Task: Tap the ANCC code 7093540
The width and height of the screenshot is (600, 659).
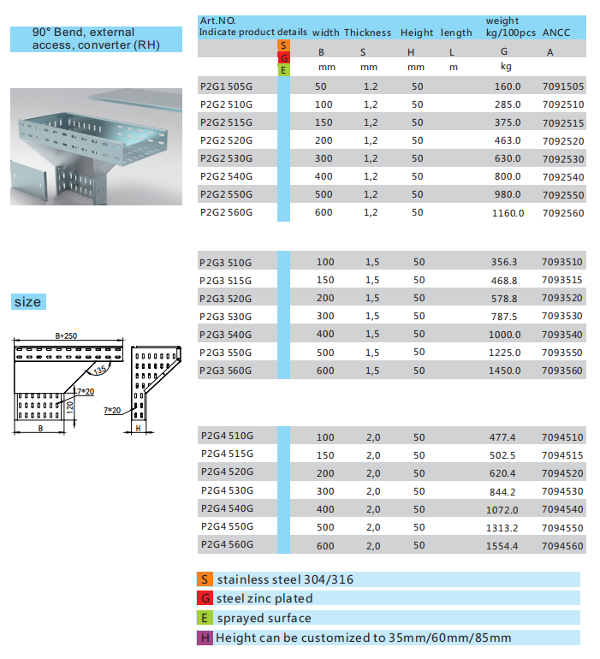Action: (562, 335)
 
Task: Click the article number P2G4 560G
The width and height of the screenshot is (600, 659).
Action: (226, 544)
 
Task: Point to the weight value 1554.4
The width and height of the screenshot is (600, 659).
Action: (503, 545)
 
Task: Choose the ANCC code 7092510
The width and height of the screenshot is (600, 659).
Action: (563, 104)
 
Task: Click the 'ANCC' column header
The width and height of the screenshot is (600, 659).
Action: (556, 33)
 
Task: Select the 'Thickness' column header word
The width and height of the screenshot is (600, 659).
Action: (367, 33)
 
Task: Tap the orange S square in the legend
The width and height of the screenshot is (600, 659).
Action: (205, 579)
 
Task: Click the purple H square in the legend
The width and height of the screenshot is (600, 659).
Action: (205, 638)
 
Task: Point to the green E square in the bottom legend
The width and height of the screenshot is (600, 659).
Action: (205, 618)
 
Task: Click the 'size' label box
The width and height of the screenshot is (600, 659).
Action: (27, 302)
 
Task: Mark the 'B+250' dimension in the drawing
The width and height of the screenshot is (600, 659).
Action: (66, 336)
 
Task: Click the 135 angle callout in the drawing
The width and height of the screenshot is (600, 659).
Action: (100, 370)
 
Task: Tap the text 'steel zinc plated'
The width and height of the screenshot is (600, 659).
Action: (264, 599)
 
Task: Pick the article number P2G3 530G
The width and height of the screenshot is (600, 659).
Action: (226, 317)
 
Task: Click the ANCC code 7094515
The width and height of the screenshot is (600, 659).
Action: (562, 455)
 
